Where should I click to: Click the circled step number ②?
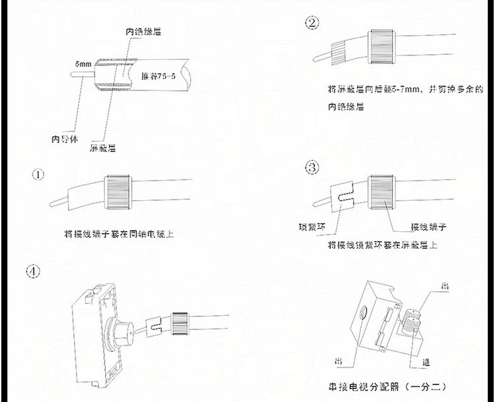[x=312, y=23]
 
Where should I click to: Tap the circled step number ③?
[x=312, y=166]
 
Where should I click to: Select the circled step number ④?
[x=32, y=271]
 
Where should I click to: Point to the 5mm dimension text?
[x=84, y=64]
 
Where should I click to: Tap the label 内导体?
[x=65, y=139]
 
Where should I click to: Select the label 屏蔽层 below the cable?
[x=103, y=149]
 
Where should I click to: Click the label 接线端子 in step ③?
[x=430, y=228]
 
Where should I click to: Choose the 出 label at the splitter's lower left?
[x=338, y=361]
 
